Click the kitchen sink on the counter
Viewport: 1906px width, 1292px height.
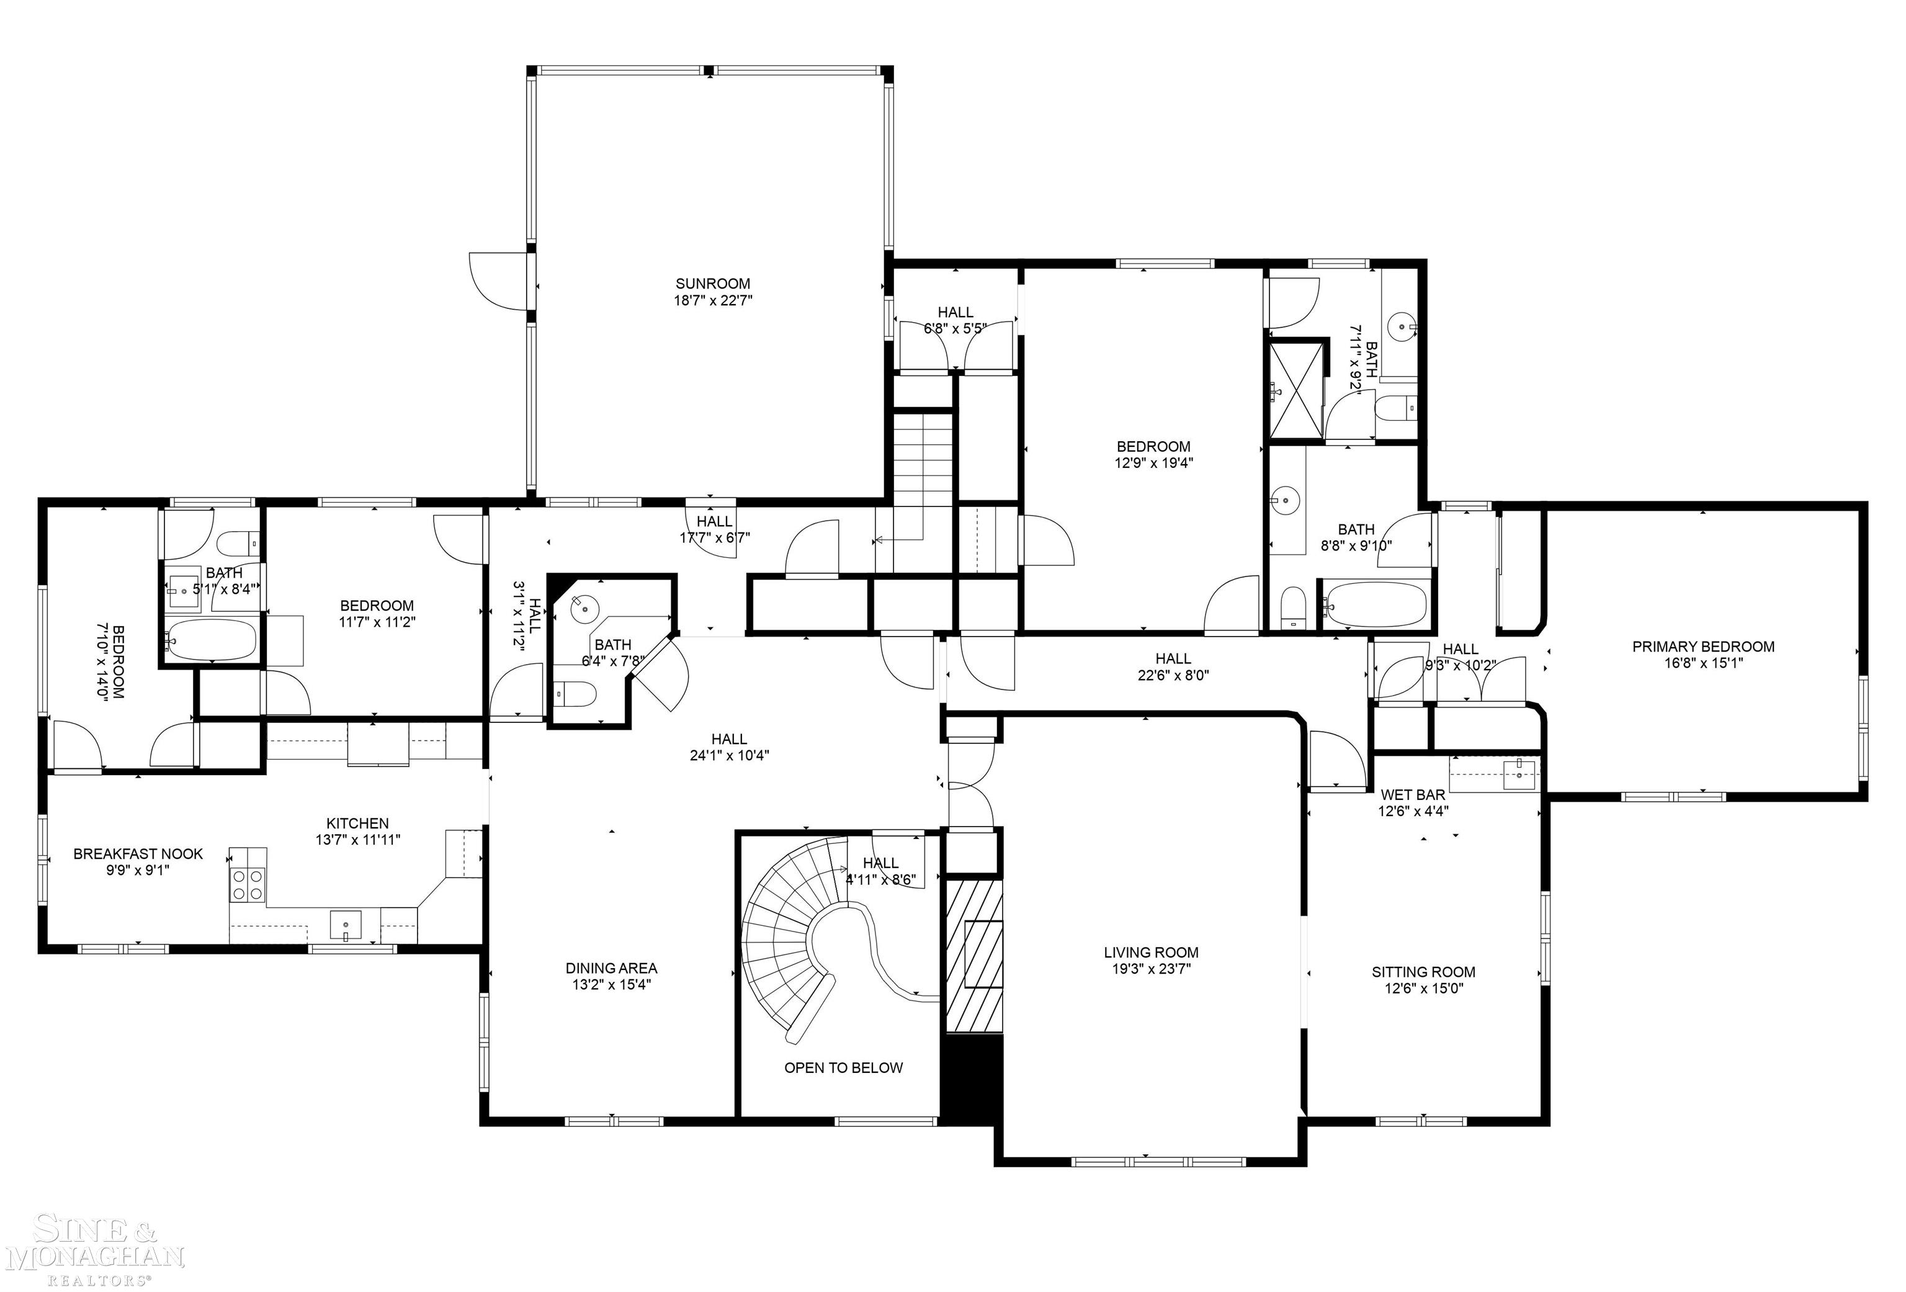coord(346,925)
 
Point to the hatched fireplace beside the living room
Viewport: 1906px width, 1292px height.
coord(973,956)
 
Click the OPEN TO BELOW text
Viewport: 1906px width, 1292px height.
coord(843,1068)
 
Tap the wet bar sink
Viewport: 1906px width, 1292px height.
coord(1519,774)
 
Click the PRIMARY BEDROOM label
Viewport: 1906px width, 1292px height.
coord(1702,647)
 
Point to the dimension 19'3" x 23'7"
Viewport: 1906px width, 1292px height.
coord(1151,969)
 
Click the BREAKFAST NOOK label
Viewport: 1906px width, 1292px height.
coord(138,854)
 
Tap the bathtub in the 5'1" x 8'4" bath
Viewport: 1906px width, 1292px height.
coord(212,639)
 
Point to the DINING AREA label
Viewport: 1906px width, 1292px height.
coord(611,969)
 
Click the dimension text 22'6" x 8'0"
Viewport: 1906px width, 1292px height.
coord(1173,675)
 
